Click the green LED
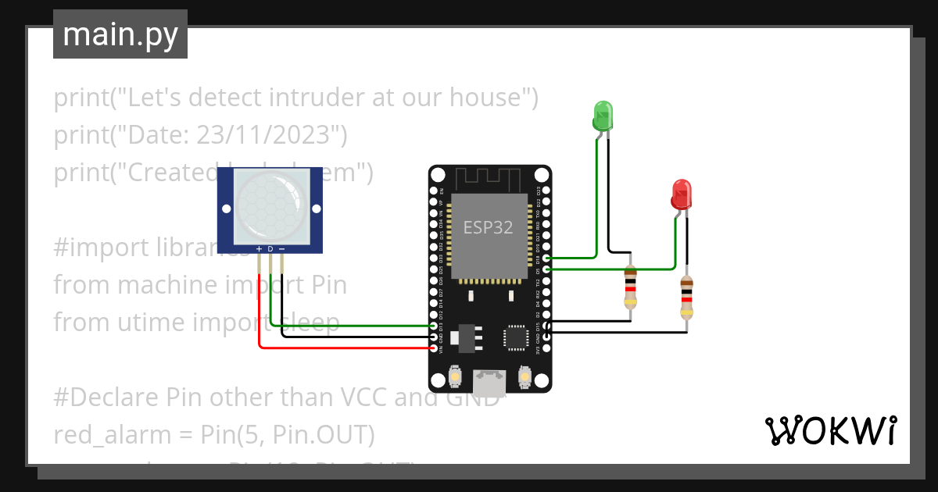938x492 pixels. coord(603,116)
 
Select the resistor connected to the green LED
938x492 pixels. coord(630,288)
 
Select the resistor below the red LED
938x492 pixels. coord(686,298)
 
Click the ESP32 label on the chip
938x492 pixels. coord(488,227)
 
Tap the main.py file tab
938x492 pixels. coord(120,34)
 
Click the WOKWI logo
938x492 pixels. coord(829,430)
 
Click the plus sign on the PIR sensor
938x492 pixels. coord(260,249)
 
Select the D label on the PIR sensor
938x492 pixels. coord(270,249)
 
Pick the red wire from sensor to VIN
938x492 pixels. coord(344,348)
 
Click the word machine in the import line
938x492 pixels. coord(161,285)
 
